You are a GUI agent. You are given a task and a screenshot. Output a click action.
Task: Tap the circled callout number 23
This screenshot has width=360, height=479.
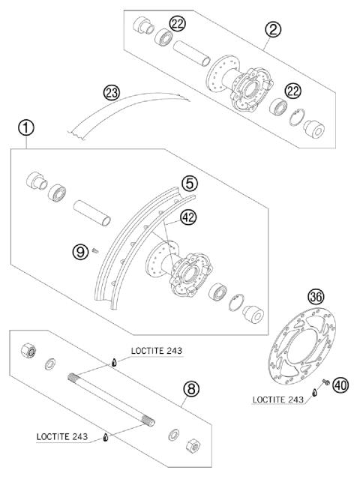[112, 93]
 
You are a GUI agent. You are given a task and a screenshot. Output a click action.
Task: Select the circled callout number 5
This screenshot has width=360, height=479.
[190, 183]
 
